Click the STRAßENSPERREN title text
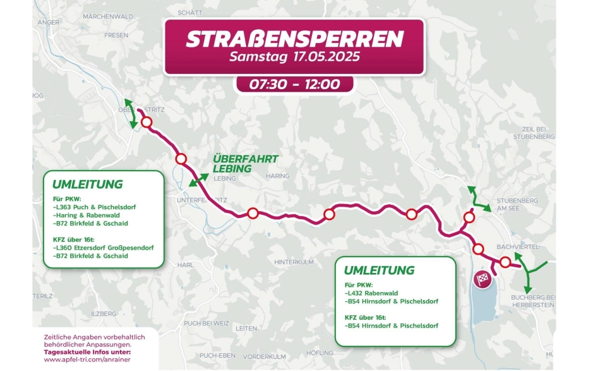(294, 39)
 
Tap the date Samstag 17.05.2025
(294, 58)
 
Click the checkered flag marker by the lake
(484, 279)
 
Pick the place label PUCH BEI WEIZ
(201, 323)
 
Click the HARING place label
(277, 176)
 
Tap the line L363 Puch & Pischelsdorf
(95, 207)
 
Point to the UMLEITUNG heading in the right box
(379, 271)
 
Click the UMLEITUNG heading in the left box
(87, 185)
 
